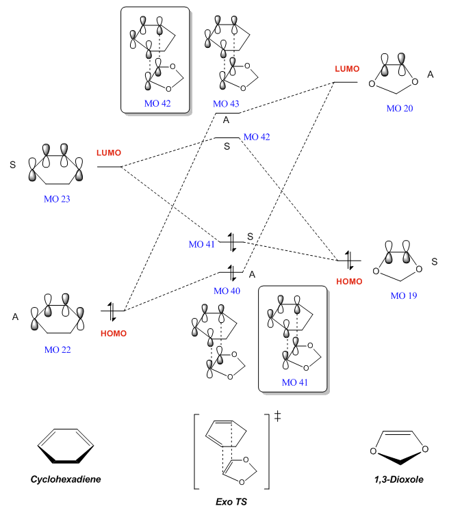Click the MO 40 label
pos(227,291)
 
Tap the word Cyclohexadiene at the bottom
pos(65,479)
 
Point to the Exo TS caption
pos(231,503)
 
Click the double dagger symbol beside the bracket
pos(278,417)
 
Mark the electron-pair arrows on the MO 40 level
pos(233,271)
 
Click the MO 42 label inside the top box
pos(155,103)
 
